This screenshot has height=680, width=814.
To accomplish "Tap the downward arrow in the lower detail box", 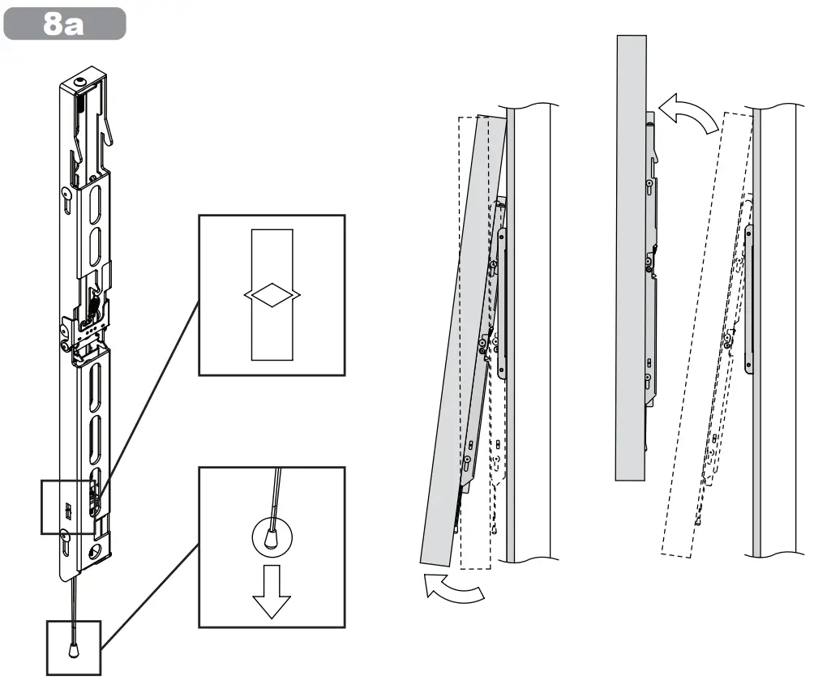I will (272, 590).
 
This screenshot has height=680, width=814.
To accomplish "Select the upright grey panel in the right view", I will (631, 259).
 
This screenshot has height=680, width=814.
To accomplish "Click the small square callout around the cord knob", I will (74, 648).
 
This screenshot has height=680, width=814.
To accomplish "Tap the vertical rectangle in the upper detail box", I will (272, 251).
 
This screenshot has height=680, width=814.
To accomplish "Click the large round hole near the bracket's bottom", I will (98, 551).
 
